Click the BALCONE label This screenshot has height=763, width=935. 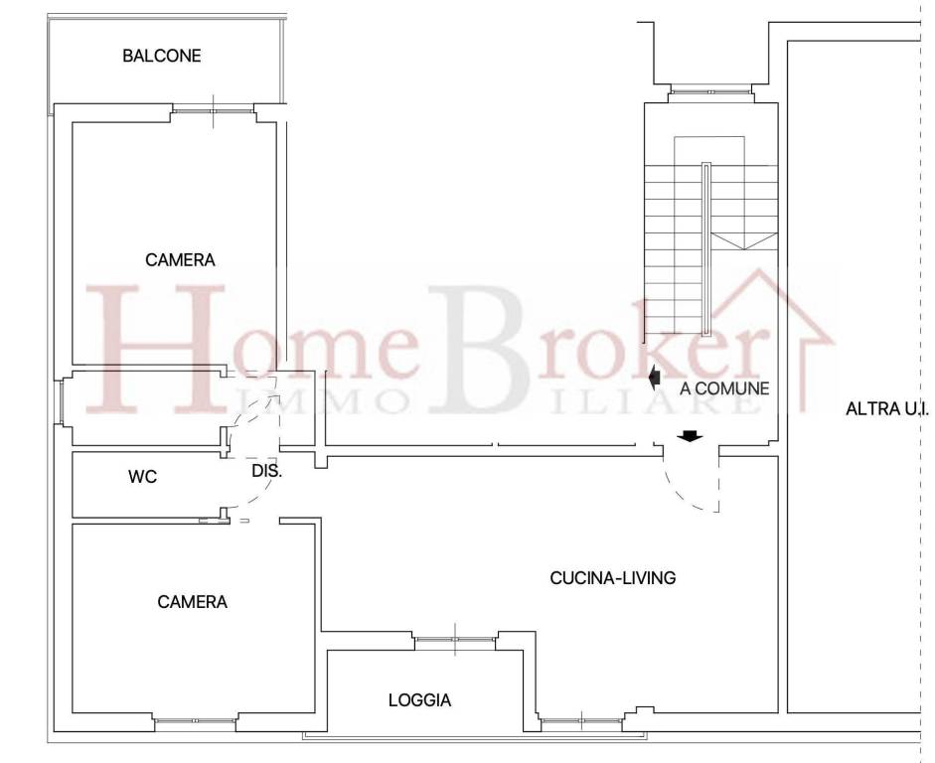click(x=162, y=56)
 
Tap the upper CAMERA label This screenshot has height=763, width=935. click(x=180, y=260)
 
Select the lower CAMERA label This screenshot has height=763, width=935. click(x=192, y=602)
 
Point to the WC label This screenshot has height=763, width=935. click(x=142, y=477)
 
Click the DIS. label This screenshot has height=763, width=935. click(x=266, y=471)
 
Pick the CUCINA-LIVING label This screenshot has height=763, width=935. click(x=612, y=577)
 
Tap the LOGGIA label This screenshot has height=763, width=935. click(x=419, y=700)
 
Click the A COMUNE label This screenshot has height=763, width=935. click(x=724, y=388)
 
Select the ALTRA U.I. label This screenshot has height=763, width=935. click(x=886, y=409)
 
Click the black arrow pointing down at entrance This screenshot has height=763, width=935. click(x=690, y=436)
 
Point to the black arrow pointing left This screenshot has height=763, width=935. click(x=654, y=377)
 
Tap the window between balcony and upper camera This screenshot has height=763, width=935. click(x=213, y=110)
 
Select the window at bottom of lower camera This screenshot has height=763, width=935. click(x=196, y=720)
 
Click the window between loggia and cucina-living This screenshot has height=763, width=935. click(x=455, y=640)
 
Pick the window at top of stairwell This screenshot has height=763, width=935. click(x=710, y=91)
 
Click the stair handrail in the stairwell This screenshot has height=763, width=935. click(x=706, y=249)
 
